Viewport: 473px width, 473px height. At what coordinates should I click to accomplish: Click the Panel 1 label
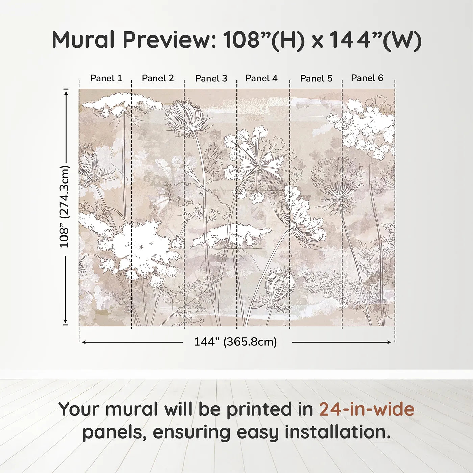click(x=106, y=78)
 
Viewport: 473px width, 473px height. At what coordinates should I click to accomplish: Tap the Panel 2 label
click(x=158, y=78)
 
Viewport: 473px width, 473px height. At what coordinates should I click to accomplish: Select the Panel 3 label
click(x=211, y=78)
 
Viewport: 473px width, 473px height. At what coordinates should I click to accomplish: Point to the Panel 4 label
click(x=261, y=78)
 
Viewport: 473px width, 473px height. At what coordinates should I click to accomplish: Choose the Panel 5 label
click(x=316, y=78)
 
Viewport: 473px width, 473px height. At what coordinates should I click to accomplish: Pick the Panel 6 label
click(x=367, y=78)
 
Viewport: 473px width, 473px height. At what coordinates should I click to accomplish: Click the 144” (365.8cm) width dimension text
click(x=235, y=342)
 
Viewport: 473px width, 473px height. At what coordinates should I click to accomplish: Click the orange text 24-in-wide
click(x=367, y=409)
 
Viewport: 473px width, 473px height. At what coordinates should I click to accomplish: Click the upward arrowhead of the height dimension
click(x=66, y=92)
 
